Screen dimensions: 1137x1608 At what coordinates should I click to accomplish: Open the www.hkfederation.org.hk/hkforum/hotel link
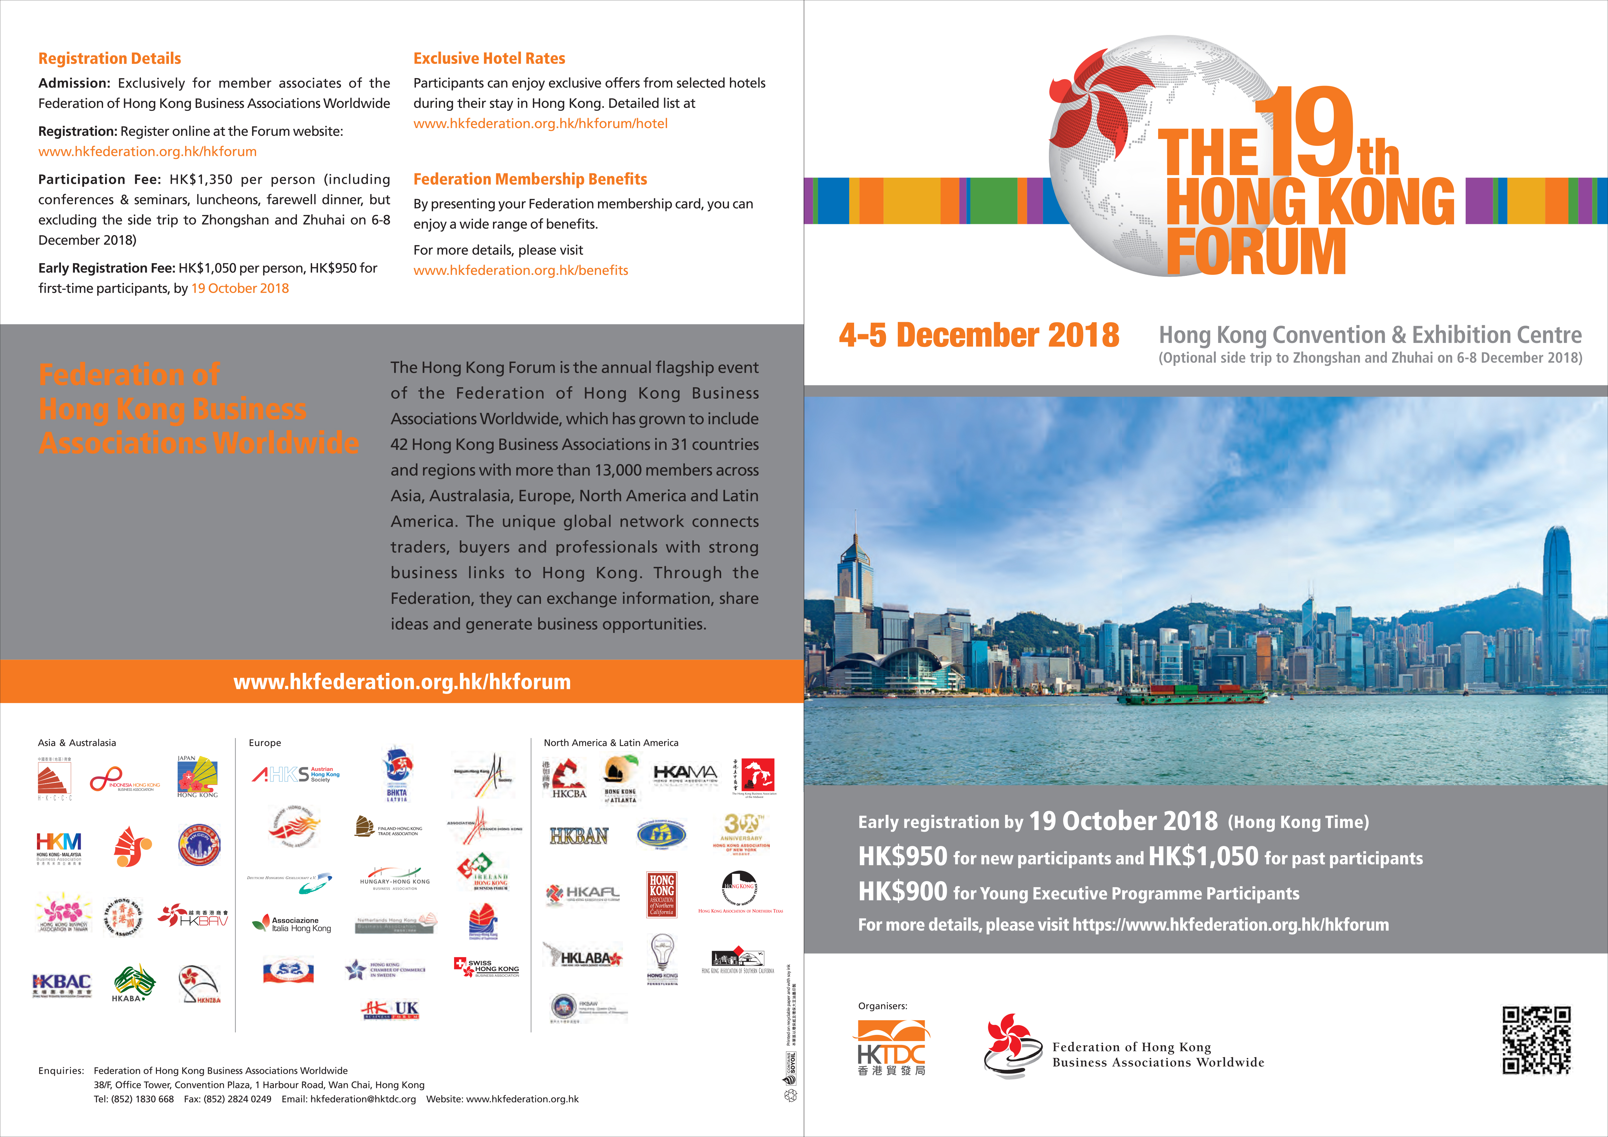[540, 124]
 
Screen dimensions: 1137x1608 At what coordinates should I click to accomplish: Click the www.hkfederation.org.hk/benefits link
[520, 270]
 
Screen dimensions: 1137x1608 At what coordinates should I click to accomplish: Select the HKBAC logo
[62, 984]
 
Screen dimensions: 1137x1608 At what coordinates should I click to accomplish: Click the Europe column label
[265, 743]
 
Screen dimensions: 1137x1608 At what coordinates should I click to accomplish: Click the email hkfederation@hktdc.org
[363, 1099]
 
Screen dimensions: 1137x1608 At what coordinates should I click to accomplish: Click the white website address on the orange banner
[402, 681]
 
